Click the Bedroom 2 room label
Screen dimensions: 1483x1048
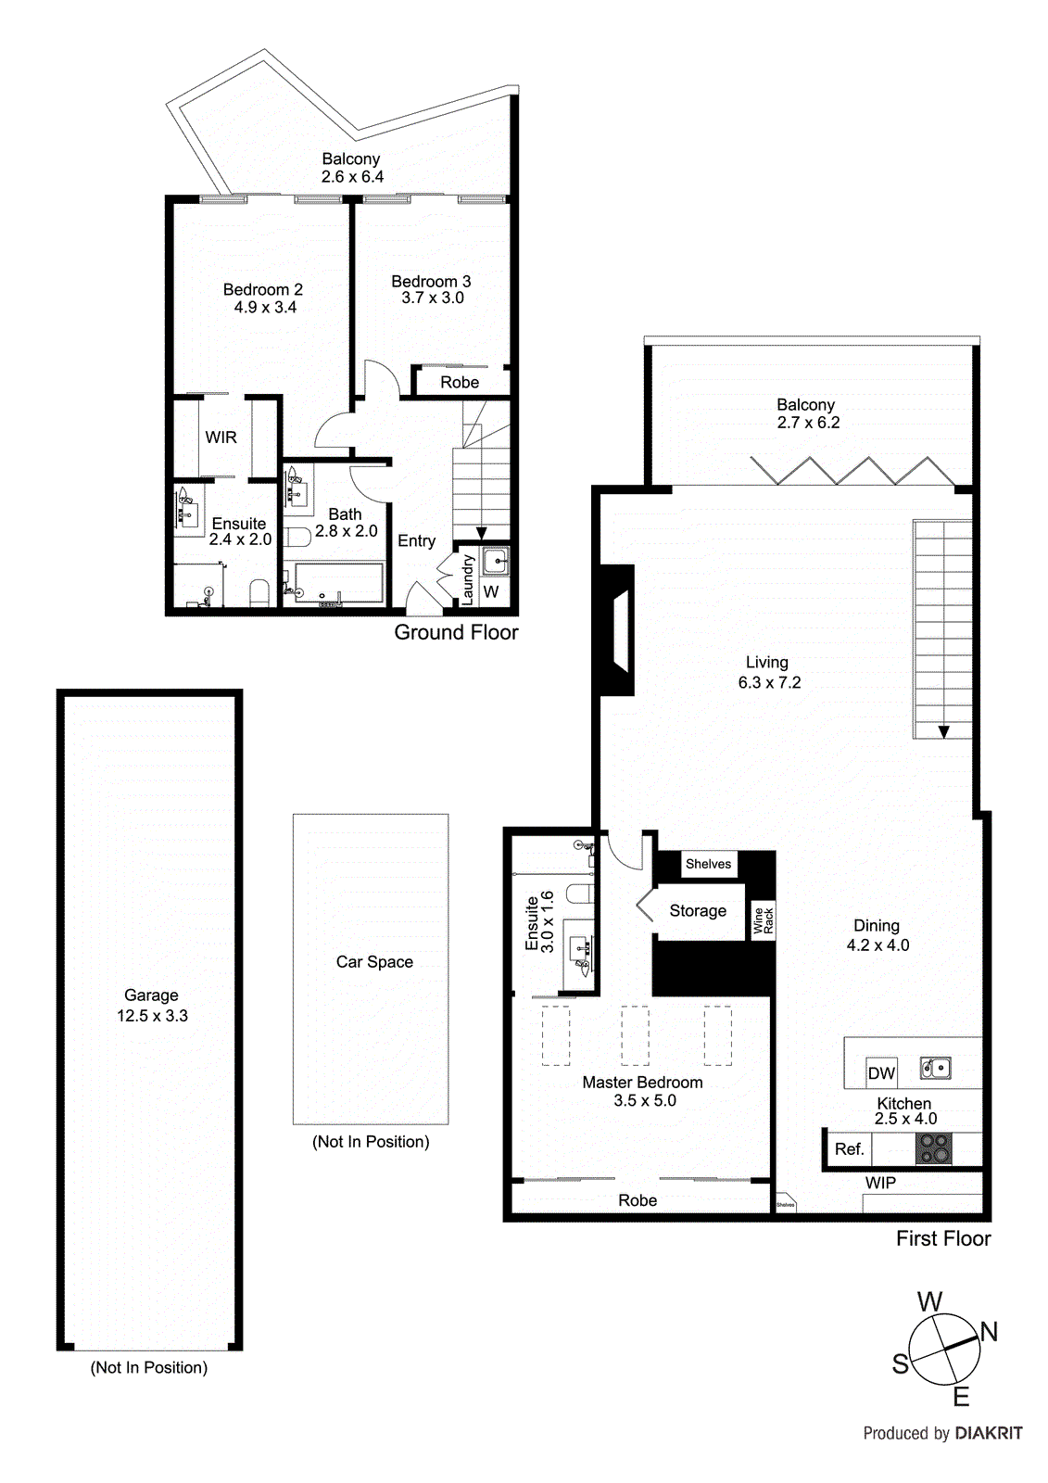coord(262,289)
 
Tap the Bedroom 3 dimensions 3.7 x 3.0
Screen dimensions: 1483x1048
coord(432,298)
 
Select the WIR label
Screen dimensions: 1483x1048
coord(221,437)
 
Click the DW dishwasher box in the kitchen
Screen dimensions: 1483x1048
coord(881,1073)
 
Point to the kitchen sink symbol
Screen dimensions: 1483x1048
coord(935,1069)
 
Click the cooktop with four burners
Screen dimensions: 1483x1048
coord(933,1148)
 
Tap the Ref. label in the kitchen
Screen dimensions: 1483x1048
coord(849,1149)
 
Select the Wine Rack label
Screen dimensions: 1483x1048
coord(763,920)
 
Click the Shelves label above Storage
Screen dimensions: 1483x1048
coord(708,864)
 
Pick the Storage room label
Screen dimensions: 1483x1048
coord(698,911)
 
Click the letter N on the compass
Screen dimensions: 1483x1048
coord(989,1332)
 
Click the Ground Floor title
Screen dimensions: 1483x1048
coord(456,632)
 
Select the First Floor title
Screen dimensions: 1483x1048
coord(942,1238)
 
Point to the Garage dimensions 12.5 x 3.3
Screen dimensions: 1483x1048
coord(152,1016)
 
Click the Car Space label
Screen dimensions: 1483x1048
coord(374,962)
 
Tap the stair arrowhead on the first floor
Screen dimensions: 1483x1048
coord(943,732)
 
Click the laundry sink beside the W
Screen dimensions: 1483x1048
coord(496,561)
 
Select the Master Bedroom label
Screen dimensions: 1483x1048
coord(642,1083)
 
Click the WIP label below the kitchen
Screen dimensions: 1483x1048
coord(880,1183)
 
